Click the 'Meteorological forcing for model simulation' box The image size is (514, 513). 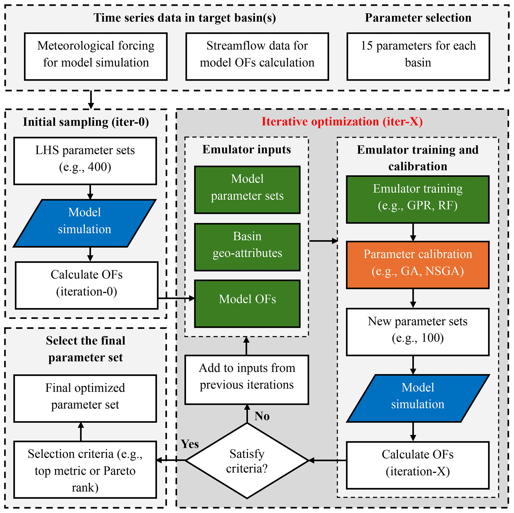(x=96, y=56)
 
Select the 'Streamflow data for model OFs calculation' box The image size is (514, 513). (x=257, y=56)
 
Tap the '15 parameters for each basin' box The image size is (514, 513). (x=418, y=56)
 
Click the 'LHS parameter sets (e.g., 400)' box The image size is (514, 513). (x=85, y=161)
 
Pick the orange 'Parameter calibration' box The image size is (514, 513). (x=418, y=265)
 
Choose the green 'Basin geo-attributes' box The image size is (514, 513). (x=247, y=247)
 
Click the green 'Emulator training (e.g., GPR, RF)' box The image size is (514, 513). (x=418, y=199)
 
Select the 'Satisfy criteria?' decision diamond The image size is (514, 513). (x=247, y=461)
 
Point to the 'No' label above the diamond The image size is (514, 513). (x=262, y=416)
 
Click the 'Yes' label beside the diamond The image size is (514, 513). (x=190, y=444)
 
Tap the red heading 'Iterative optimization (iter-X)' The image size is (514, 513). (x=342, y=122)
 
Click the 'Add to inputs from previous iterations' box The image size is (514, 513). (x=247, y=380)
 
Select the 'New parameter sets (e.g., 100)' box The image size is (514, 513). (x=418, y=332)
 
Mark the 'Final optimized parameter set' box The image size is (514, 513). (x=85, y=398)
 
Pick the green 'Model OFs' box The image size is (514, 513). (x=247, y=304)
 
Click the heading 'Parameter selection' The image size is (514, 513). (x=418, y=18)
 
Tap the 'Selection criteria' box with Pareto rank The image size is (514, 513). (x=85, y=470)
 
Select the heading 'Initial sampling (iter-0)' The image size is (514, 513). (x=86, y=122)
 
